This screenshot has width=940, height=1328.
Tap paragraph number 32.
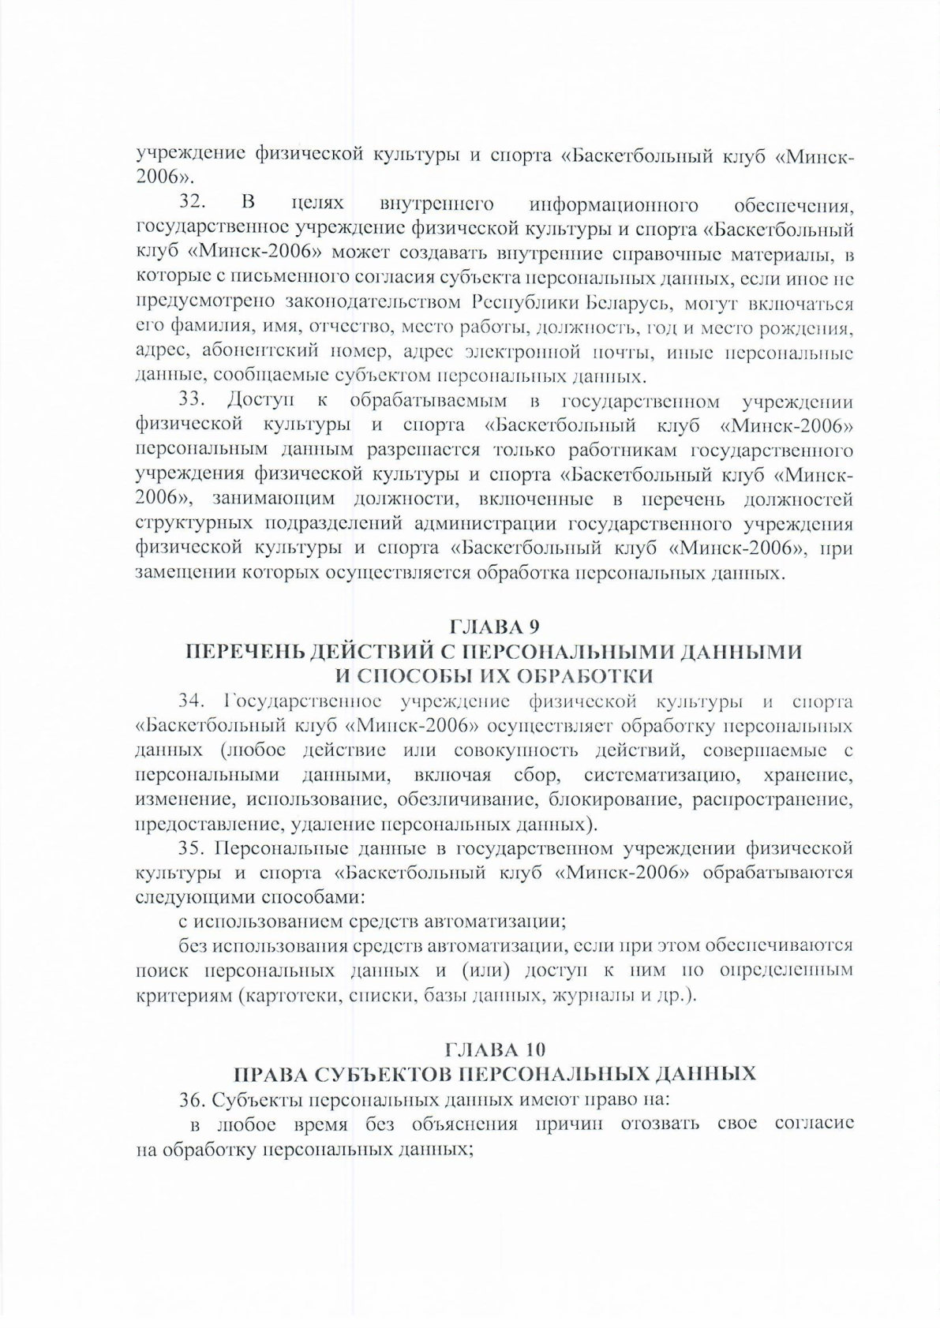[193, 206]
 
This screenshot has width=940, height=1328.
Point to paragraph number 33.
[193, 403]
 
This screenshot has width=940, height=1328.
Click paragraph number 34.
[193, 698]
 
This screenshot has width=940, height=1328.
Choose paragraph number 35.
[193, 849]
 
